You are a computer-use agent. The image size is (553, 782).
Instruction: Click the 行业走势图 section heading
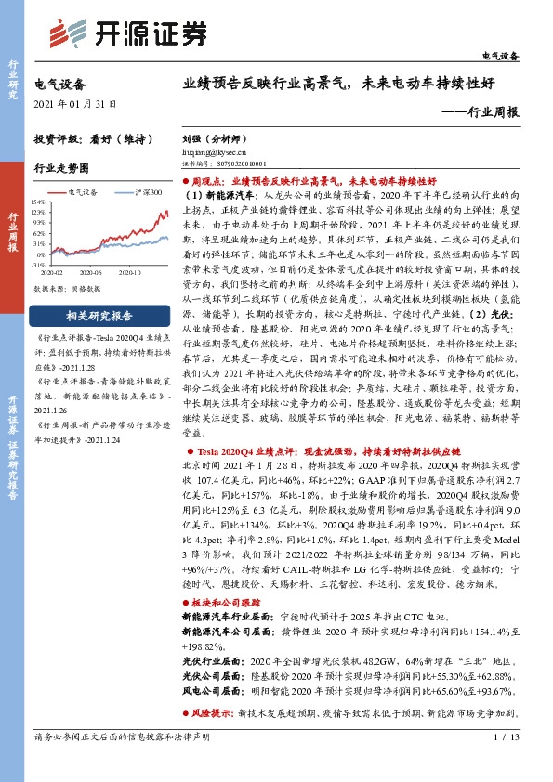61,169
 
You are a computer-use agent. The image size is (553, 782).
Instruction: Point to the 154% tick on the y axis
38,200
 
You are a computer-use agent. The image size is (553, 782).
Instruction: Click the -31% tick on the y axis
38,264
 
